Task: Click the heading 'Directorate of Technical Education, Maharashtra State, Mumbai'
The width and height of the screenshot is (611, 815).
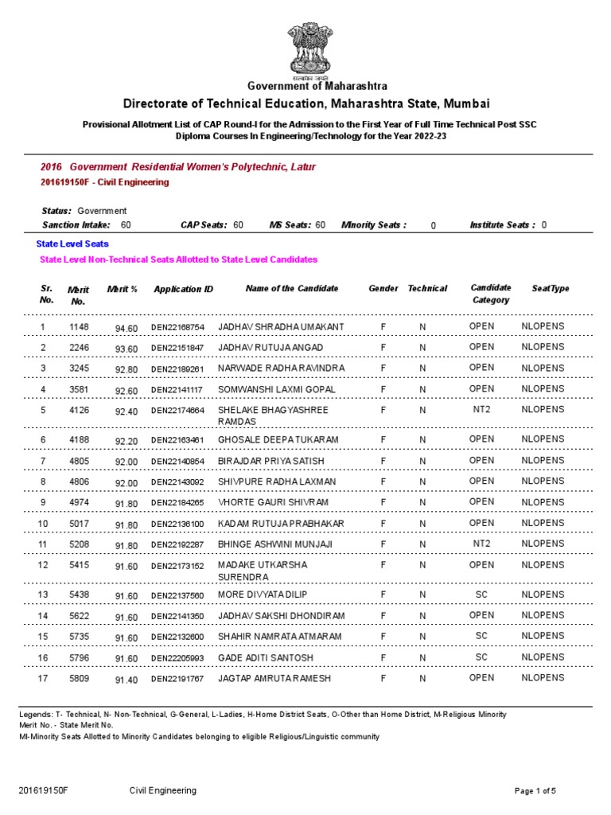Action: point(305,104)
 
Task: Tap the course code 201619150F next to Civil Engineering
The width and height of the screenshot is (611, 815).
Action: point(68,182)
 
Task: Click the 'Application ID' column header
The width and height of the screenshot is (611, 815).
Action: point(183,289)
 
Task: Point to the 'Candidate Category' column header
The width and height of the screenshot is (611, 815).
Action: point(491,294)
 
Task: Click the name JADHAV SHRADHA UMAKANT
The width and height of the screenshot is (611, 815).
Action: point(281,327)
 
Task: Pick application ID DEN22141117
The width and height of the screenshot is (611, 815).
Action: point(177,390)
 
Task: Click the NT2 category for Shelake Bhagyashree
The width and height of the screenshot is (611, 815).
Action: point(481,409)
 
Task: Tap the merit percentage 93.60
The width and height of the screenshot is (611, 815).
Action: point(126,349)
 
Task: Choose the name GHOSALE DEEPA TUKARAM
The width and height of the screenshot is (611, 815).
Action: point(278,440)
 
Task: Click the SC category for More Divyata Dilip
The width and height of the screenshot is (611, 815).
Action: point(481,595)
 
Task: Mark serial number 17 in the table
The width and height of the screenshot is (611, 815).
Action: point(44,678)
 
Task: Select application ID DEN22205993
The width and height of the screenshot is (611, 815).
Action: point(177,658)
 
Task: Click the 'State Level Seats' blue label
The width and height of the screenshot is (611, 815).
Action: point(72,244)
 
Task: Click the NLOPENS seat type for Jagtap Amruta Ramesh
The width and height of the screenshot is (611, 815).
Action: point(542,678)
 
